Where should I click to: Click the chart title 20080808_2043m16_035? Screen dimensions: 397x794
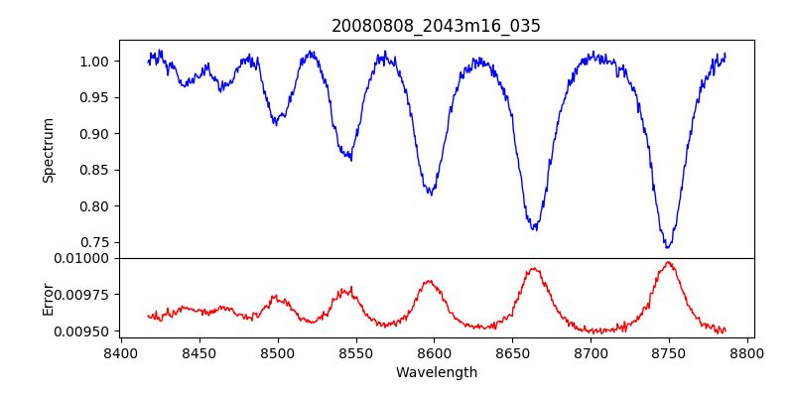pos(436,26)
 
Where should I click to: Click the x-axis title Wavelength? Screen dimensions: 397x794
pos(436,373)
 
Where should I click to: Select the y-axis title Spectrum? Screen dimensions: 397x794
pos(48,150)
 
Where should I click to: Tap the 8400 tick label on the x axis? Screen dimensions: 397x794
pos(120,352)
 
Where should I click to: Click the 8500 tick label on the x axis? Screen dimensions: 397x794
pos(277,352)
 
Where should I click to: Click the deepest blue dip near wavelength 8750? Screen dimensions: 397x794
pos(668,246)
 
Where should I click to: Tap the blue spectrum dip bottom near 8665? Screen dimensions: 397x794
pos(535,229)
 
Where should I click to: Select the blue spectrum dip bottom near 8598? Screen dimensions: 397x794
pos(430,194)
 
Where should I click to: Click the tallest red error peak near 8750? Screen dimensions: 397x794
pos(669,262)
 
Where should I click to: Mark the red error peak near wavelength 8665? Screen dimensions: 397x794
pos(535,268)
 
